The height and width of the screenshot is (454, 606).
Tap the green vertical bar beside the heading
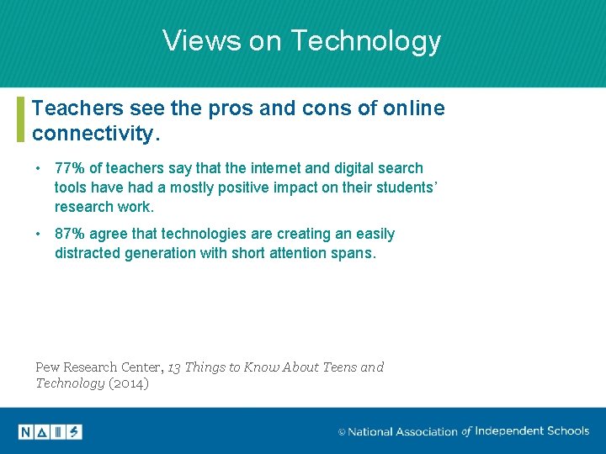point(20,119)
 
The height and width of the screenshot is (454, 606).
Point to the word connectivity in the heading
point(93,133)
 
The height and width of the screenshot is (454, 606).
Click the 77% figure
point(71,168)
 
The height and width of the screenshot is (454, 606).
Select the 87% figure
point(71,234)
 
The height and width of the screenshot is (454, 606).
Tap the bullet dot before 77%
point(40,168)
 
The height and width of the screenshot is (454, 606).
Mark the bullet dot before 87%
point(40,234)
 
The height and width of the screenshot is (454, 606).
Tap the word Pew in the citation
point(48,367)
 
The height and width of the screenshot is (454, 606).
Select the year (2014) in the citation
point(129,383)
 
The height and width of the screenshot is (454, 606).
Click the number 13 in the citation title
point(174,367)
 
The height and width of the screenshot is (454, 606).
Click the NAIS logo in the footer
point(50,432)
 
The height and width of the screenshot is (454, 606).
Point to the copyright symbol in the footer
point(342,432)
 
